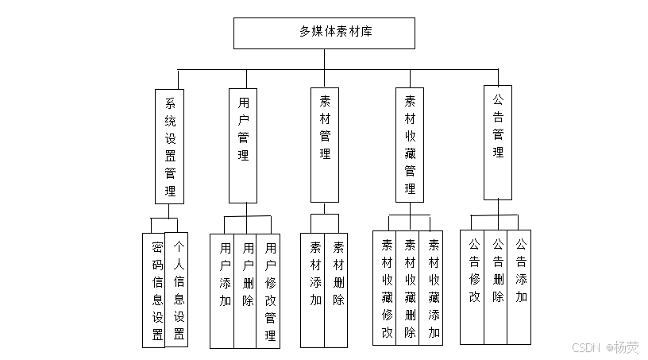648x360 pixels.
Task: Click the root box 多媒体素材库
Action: (x=324, y=33)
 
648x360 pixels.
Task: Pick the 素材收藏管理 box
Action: (x=410, y=145)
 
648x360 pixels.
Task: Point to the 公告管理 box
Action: (x=498, y=142)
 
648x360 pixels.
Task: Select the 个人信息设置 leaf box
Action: (x=177, y=289)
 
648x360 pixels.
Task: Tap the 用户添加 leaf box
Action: (x=222, y=291)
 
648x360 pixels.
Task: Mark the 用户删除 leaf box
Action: (x=245, y=291)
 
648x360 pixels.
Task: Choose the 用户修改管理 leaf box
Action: (x=268, y=291)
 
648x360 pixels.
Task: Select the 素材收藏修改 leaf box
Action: (x=385, y=288)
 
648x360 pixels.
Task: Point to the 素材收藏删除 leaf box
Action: (x=408, y=288)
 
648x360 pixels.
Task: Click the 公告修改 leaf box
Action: (x=472, y=287)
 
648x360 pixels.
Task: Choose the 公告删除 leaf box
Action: (x=496, y=287)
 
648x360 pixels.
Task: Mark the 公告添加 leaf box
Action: (x=519, y=287)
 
